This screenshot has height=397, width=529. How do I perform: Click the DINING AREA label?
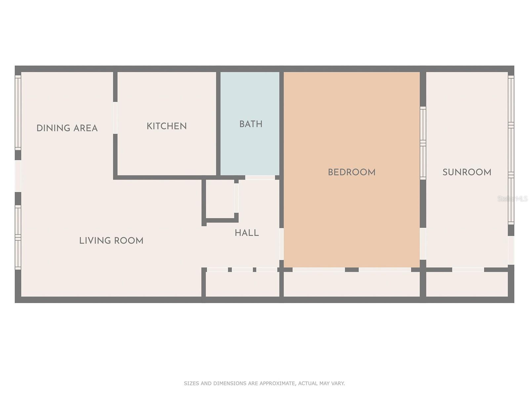click(67, 128)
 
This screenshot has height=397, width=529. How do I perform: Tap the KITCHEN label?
click(167, 126)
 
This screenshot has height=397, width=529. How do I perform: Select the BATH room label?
click(251, 124)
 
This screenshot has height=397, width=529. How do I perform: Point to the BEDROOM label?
click(352, 172)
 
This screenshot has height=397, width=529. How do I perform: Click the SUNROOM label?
click(467, 172)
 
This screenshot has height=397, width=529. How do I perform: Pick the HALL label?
click(247, 233)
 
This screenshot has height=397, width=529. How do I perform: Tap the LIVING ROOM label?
click(111, 241)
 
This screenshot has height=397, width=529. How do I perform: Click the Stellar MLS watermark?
click(512, 199)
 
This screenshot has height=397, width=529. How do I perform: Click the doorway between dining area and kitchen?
click(115, 118)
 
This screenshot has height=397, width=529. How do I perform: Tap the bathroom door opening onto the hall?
click(260, 178)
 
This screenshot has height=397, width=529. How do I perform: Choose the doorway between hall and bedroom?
click(281, 244)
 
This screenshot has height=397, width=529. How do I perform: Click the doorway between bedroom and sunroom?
click(423, 244)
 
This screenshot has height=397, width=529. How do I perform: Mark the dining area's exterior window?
click(18, 112)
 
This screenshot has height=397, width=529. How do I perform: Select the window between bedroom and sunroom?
click(423, 143)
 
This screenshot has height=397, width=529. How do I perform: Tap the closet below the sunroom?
click(467, 284)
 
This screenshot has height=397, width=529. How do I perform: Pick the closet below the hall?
click(242, 284)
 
